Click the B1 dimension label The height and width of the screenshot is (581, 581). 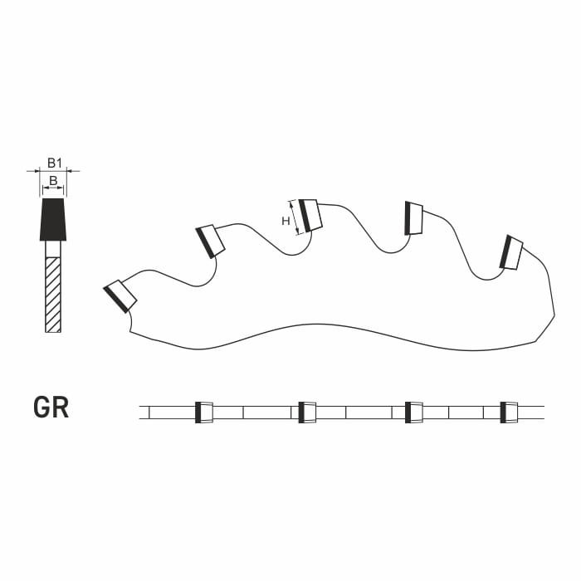point(54,163)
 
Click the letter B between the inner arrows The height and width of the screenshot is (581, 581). point(53,181)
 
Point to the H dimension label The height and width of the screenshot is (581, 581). point(286,222)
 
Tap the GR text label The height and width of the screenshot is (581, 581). point(51,408)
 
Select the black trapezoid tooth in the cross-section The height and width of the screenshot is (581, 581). point(53,219)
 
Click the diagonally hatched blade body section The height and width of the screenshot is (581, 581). point(53,295)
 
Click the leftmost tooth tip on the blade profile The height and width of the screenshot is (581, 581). point(120,296)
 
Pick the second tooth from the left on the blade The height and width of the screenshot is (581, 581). point(210,242)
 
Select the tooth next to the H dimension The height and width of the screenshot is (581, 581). point(310,215)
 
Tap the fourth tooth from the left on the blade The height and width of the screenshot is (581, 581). point(414,218)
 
